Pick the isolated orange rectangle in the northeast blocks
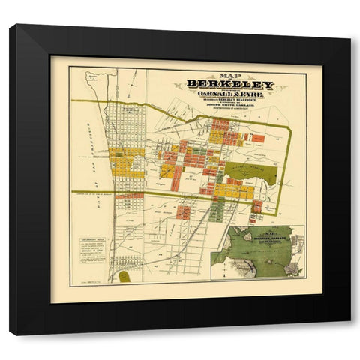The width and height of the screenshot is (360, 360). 257,138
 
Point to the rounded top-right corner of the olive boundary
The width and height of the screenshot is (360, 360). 287,130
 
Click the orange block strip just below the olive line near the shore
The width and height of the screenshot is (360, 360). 129,196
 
